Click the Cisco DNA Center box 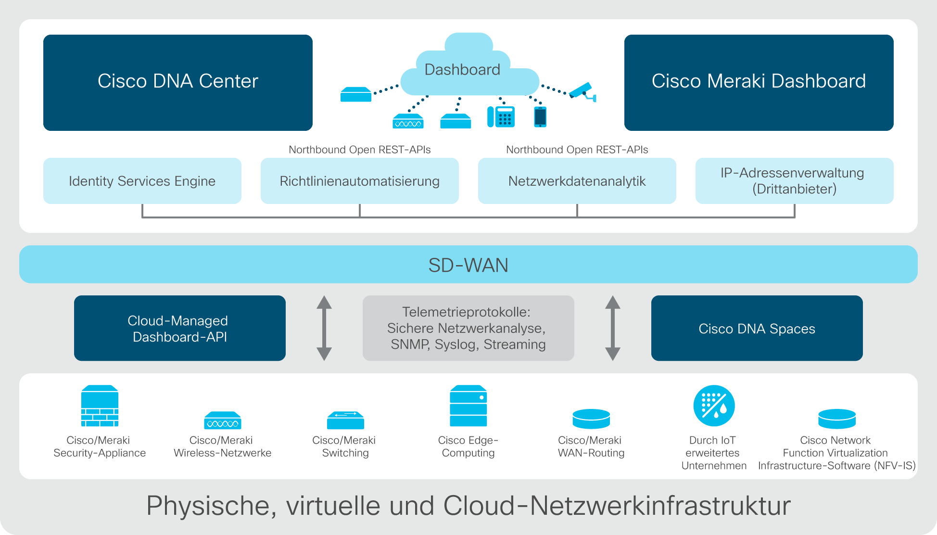pos(178,83)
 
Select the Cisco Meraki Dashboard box pos(759,83)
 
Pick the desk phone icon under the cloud pos(501,116)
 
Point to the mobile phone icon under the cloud pos(540,117)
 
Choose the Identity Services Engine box pos(142,181)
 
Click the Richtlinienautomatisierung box pos(360,181)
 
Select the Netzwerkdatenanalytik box pos(577,181)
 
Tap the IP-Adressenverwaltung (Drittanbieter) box pos(795,181)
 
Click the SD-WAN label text pos(468,265)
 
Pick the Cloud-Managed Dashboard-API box pos(180,328)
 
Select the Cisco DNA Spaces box pos(757,328)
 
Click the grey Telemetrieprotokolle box pos(468,328)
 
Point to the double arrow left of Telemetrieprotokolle pos(324,328)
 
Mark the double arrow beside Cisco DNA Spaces pos(612,328)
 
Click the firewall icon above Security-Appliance pos(100,406)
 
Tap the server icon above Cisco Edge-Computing pos(468,406)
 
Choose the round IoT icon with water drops pos(714,406)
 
